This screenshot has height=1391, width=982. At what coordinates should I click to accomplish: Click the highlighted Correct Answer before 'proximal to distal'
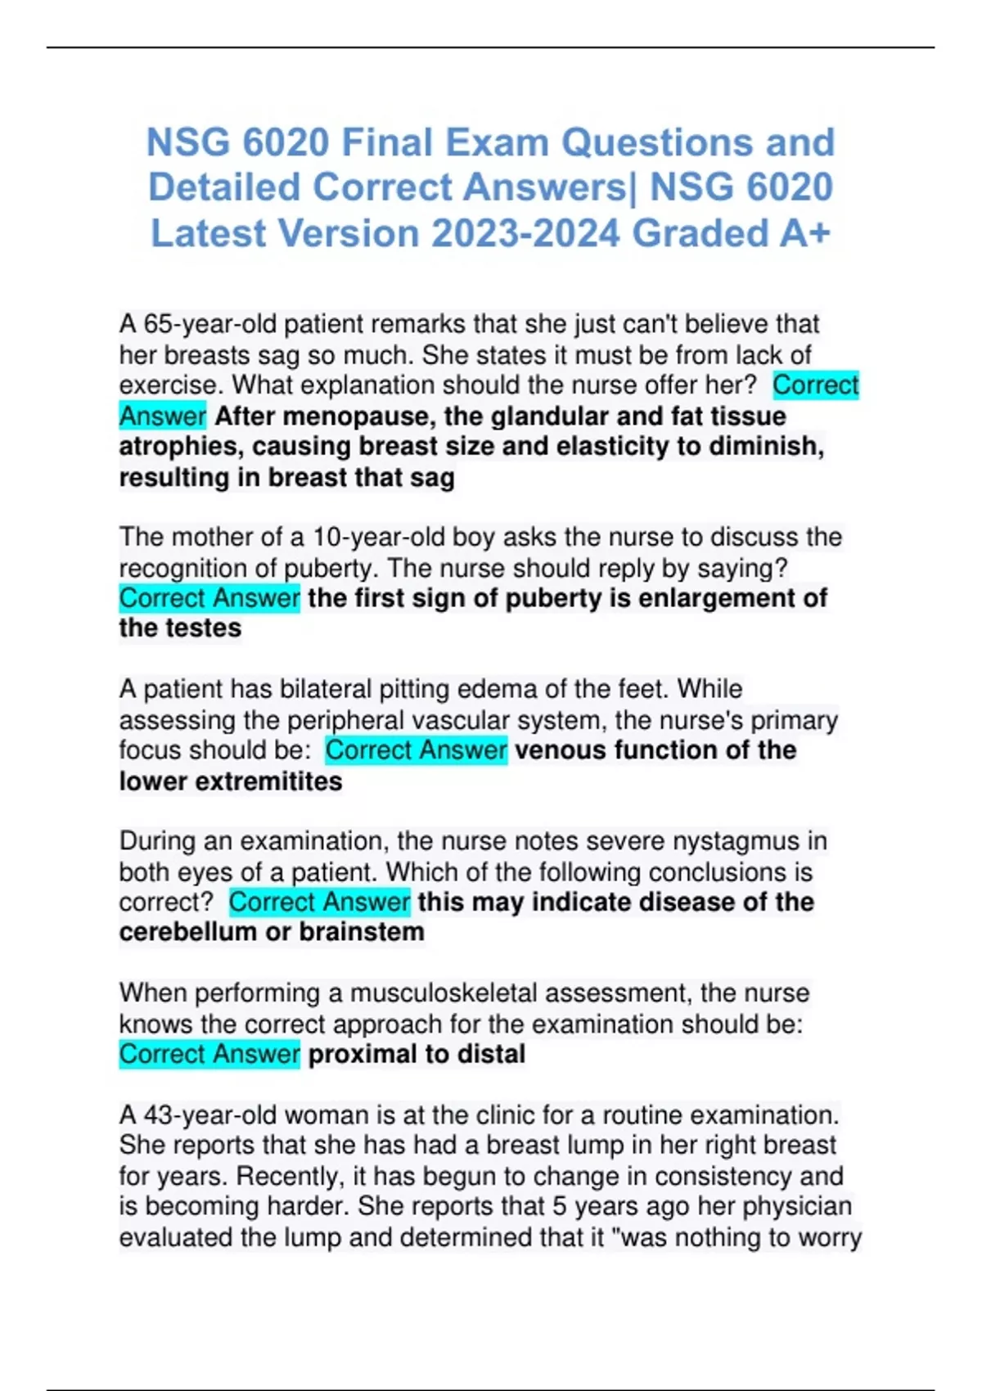pos(209,1054)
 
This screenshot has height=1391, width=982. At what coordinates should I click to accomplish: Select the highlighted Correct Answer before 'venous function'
pos(416,750)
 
